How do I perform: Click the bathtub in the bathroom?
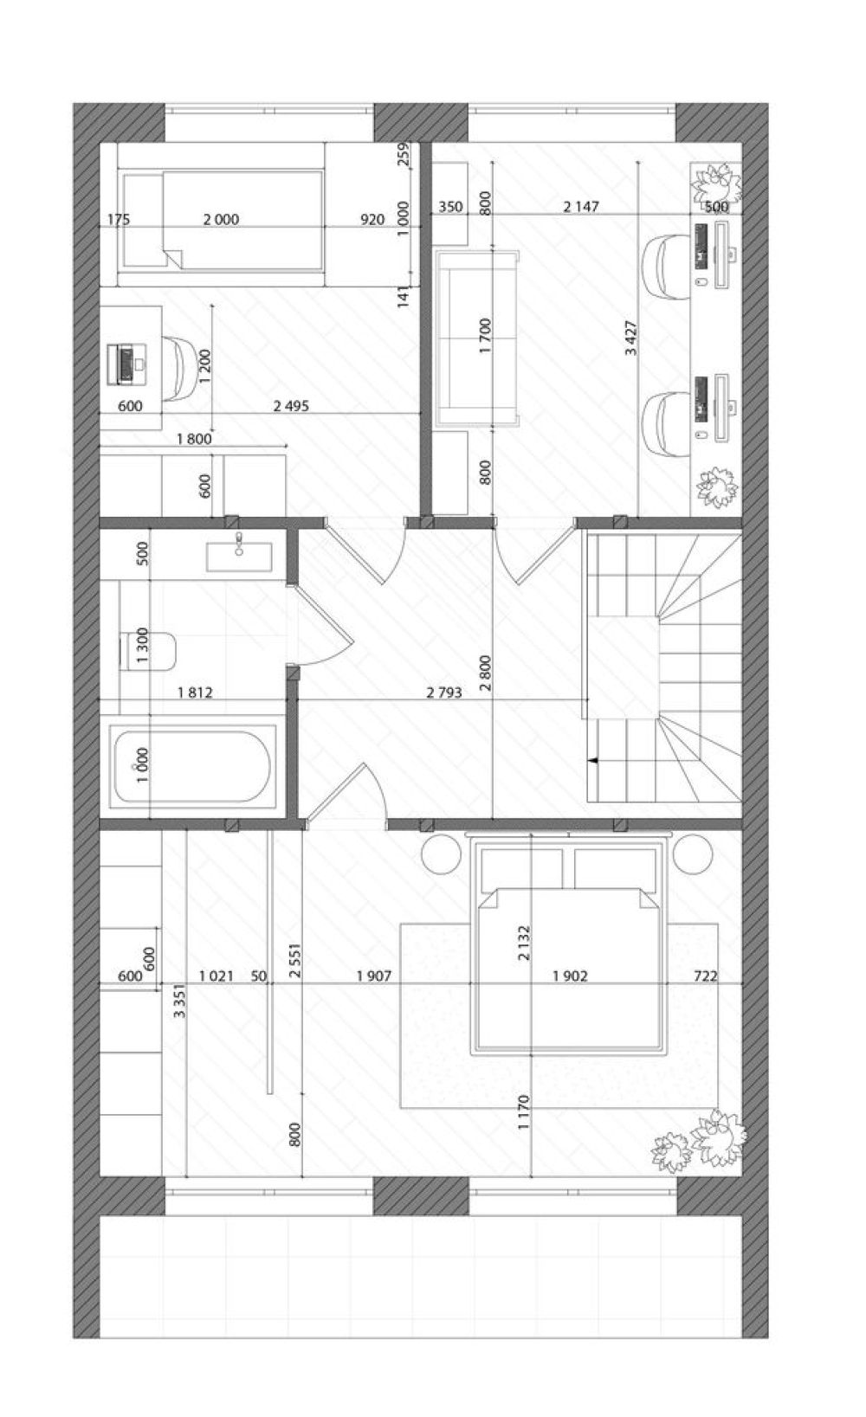pyautogui.click(x=192, y=766)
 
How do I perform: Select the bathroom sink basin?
pyautogui.click(x=239, y=557)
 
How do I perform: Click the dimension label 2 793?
pyautogui.click(x=443, y=692)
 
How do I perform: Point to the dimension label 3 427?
pyautogui.click(x=631, y=338)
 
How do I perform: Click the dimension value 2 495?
pyautogui.click(x=291, y=406)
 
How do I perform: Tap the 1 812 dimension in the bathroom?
pyautogui.click(x=195, y=692)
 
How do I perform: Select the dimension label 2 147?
pyautogui.click(x=580, y=206)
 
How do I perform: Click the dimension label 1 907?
pyautogui.click(x=373, y=976)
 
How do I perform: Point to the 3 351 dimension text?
pyautogui.click(x=180, y=1000)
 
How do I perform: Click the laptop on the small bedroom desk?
pyautogui.click(x=126, y=363)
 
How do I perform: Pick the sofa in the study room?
pyautogui.click(x=477, y=336)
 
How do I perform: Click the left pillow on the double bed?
pyautogui.click(x=522, y=870)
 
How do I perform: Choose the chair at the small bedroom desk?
pyautogui.click(x=180, y=368)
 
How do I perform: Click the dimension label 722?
pyautogui.click(x=705, y=976)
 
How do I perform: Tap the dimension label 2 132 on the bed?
pyautogui.click(x=524, y=944)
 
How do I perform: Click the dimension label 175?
pyautogui.click(x=119, y=220)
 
